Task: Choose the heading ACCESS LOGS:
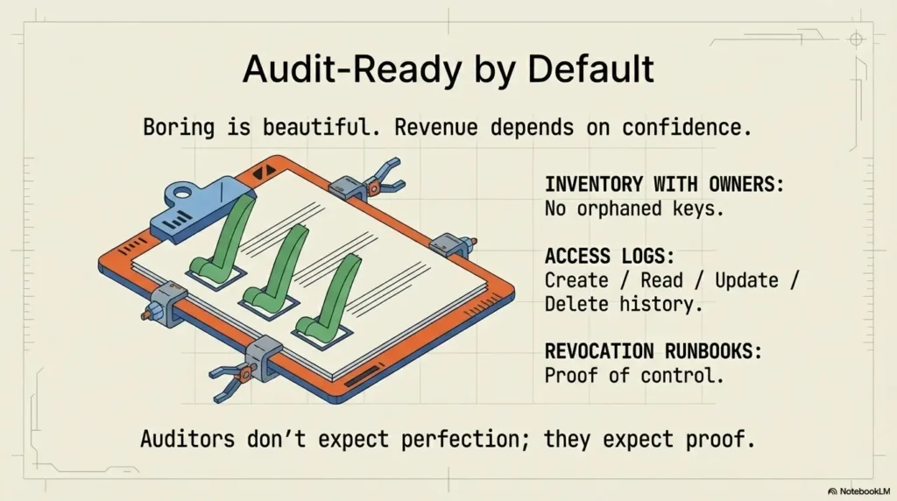[598, 256]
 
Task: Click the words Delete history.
[622, 305]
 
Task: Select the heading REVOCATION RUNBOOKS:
[653, 351]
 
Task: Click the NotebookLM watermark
[858, 490]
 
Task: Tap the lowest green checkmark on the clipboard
[331, 298]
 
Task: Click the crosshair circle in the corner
[857, 39]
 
